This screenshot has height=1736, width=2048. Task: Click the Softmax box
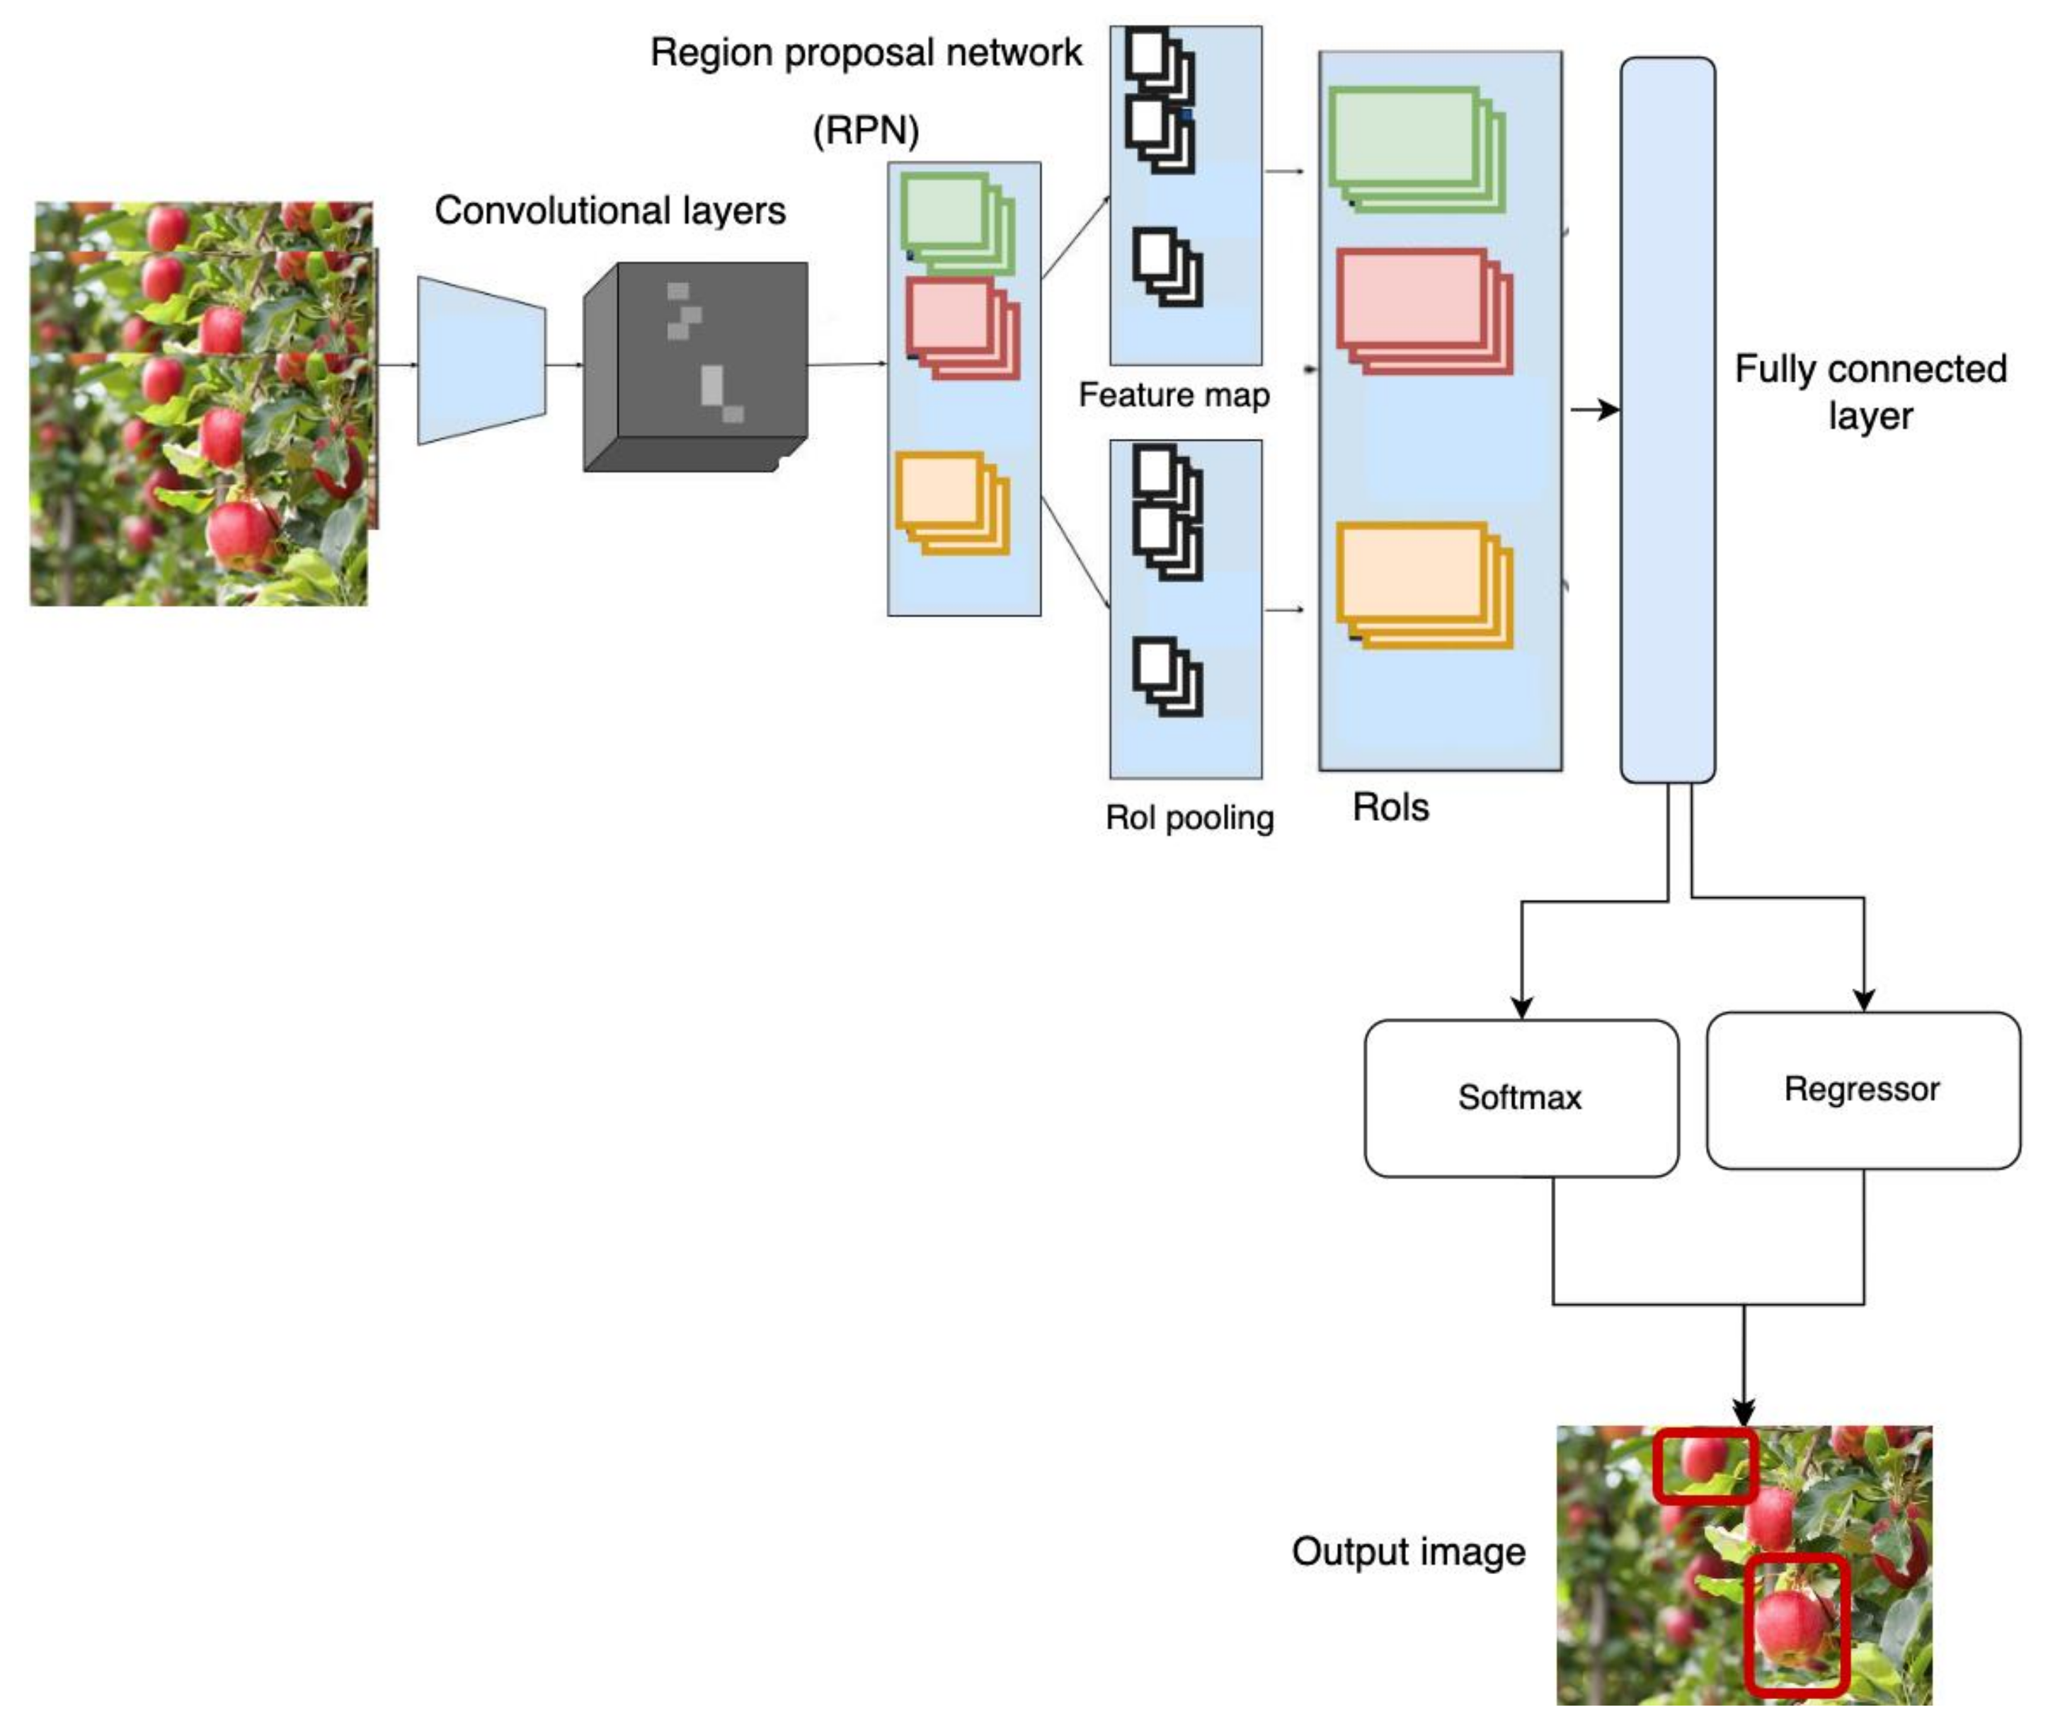tap(1521, 1098)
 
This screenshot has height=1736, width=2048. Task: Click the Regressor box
tap(1862, 1089)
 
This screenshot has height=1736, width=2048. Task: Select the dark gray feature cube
tap(696, 366)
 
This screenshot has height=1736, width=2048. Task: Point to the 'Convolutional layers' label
tap(610, 211)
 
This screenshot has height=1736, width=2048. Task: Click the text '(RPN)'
tap(865, 130)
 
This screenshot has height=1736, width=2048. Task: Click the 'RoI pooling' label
tap(1189, 817)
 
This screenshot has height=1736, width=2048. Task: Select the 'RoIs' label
tap(1390, 807)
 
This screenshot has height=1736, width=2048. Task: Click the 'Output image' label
tap(1408, 1551)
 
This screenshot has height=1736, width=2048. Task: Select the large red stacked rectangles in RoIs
tap(1422, 311)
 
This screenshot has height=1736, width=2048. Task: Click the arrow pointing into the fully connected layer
tap(1594, 409)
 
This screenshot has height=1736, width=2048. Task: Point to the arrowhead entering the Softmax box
tap(1521, 1008)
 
